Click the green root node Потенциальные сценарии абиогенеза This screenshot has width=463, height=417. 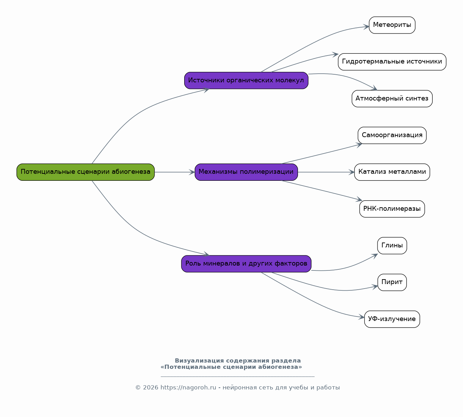coord(85,172)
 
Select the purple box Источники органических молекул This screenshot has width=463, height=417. coord(246,81)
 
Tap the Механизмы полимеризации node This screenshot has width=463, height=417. coord(246,172)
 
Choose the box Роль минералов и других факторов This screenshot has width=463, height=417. coord(246,264)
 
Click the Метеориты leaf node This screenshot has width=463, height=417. coord(392,25)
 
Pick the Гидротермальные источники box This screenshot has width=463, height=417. coord(392,62)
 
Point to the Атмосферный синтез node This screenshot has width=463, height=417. coord(392,99)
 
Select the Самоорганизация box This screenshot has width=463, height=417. coord(392,135)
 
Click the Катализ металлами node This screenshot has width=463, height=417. coord(392,172)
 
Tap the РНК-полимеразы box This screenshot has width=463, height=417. coord(392,209)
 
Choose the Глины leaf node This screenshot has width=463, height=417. coord(392,246)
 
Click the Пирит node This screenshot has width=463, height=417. coord(392,282)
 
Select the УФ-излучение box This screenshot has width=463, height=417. coord(392,319)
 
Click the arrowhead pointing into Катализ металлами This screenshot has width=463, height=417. coord(351,172)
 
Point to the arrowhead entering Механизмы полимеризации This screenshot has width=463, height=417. coord(192,172)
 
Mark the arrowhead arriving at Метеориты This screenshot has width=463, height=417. coord(366,27)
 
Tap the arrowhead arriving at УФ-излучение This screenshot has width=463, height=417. coord(361,317)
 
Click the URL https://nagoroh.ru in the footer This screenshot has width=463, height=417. coord(188,387)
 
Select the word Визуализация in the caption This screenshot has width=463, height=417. coord(200,361)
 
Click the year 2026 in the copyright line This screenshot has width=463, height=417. coord(150,387)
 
